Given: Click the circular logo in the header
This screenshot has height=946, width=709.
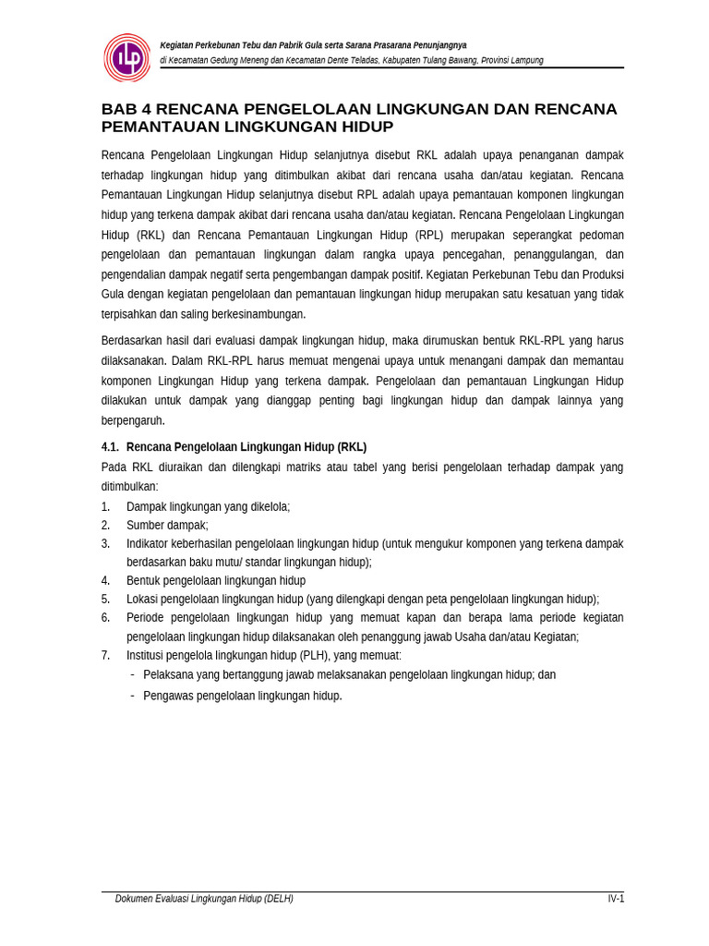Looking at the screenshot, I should point(127,58).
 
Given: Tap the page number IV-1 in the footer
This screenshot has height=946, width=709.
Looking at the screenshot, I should point(615,899).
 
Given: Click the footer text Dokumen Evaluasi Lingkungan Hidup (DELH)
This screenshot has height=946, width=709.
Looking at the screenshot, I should point(204,899).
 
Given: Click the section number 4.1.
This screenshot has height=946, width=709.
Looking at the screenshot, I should point(110,447).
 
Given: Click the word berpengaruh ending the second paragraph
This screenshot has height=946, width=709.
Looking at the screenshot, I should point(132,420).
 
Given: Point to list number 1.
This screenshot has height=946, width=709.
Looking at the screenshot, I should point(105,507).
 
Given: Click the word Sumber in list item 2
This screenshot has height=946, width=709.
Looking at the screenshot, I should point(145,526).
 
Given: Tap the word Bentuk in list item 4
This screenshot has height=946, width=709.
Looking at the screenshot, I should point(144,581).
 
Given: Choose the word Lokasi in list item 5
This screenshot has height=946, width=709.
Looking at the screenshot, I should point(143,600).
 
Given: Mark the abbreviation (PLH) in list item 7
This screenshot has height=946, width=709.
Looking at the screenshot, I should point(313,656).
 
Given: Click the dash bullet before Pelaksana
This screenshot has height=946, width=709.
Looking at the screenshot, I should point(133,674).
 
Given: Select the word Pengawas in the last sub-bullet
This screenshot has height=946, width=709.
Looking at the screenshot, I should point(167,696).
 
